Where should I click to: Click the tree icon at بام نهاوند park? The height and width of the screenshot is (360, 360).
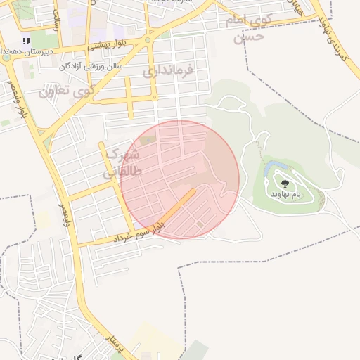click(x=285, y=184)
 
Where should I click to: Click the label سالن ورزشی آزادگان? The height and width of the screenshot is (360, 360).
click(x=91, y=65)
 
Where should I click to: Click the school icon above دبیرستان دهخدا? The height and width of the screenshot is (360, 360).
click(x=27, y=41)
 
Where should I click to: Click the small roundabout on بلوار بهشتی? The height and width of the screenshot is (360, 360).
click(x=148, y=40)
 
